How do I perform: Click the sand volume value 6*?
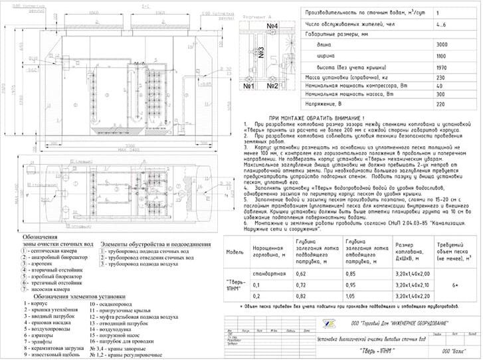[454, 284]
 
